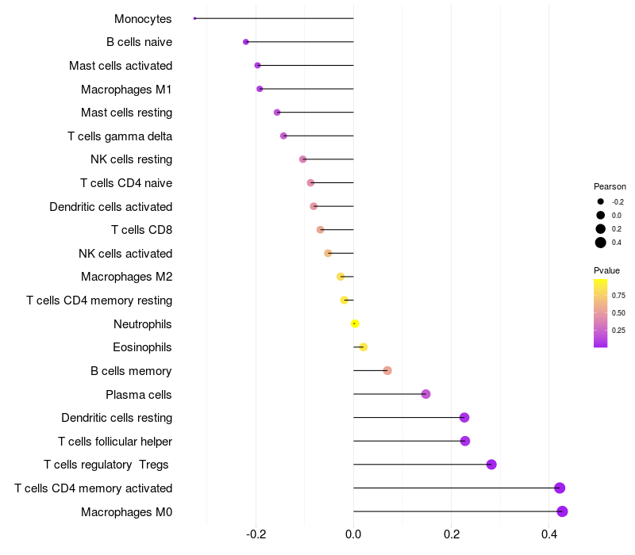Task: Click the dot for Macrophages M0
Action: pos(562,511)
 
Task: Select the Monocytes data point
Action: pos(195,18)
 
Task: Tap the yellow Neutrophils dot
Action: pos(355,323)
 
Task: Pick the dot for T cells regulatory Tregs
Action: pos(491,465)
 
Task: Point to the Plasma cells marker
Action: pos(425,394)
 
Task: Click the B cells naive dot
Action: pos(246,42)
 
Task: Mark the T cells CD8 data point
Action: pos(320,230)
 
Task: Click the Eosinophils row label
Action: pos(142,347)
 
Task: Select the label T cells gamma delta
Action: pos(120,136)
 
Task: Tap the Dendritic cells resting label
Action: pos(117,418)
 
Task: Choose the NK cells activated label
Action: pos(125,254)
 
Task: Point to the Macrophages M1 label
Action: pos(126,90)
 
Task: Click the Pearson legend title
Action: pos(610,186)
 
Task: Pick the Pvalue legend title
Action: pos(606,270)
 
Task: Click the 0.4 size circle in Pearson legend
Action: pos(601,243)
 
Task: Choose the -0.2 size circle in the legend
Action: pos(601,201)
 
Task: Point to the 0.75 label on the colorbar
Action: pos(618,295)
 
